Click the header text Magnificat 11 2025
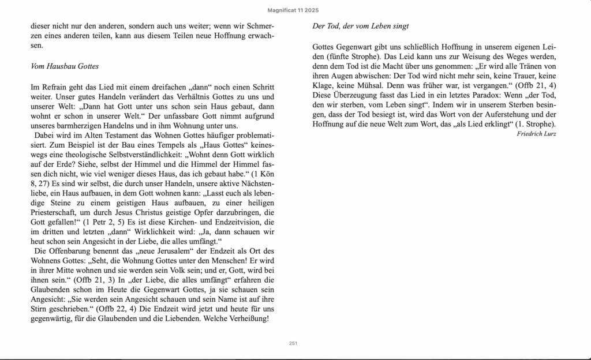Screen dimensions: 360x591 pyautogui.click(x=294, y=10)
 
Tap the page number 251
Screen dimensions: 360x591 pyautogui.click(x=293, y=343)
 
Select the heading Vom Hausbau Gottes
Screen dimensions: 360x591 pyautogui.click(x=65, y=66)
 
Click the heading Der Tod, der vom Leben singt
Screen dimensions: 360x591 pyautogui.click(x=361, y=26)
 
